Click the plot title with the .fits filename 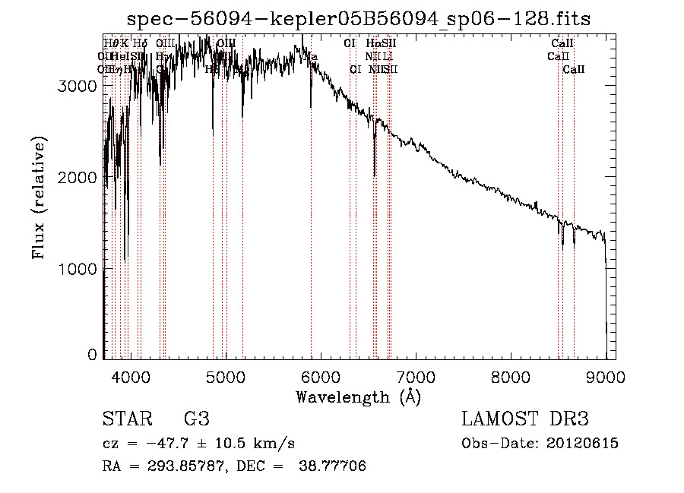click(359, 18)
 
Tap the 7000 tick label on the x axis click(416, 376)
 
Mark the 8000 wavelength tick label click(511, 376)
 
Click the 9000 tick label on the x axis click(606, 376)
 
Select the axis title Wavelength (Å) click(358, 397)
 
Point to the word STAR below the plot click(126, 419)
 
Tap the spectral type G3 click(196, 419)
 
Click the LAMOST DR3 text click(525, 419)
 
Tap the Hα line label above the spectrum click(372, 43)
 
